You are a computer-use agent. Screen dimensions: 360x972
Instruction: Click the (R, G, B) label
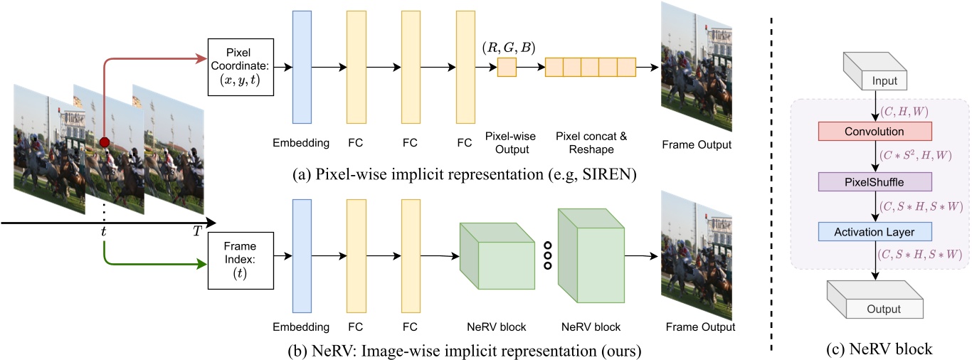508,47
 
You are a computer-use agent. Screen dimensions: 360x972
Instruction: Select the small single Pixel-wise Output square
507,68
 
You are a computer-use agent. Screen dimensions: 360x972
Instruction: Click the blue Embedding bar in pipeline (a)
302,68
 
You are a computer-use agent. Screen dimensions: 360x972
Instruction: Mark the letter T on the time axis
196,232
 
